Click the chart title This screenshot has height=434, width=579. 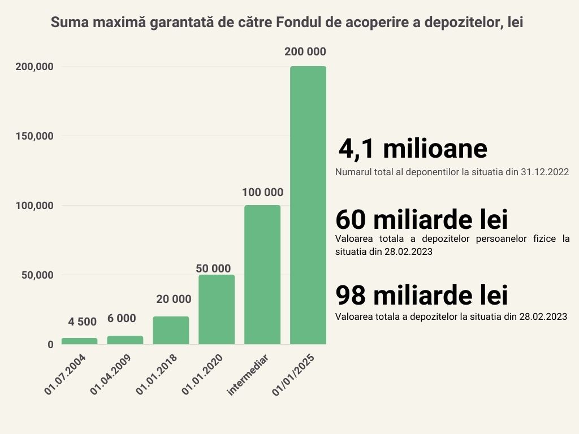pyautogui.click(x=287, y=23)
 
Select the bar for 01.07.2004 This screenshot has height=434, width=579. pyautogui.click(x=79, y=341)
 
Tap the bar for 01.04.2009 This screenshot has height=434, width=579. pyautogui.click(x=125, y=340)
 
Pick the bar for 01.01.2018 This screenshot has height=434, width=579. pyautogui.click(x=171, y=330)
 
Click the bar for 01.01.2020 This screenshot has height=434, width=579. pyautogui.click(x=216, y=309)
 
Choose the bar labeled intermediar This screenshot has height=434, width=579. pyautogui.click(x=262, y=274)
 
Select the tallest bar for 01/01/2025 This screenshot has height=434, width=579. pyautogui.click(x=308, y=205)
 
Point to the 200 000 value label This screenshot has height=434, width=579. pyautogui.click(x=305, y=51)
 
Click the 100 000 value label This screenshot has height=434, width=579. pyautogui.click(x=262, y=192)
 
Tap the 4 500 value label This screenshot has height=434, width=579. pyautogui.click(x=83, y=322)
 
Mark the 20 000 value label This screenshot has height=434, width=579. pyautogui.click(x=174, y=299)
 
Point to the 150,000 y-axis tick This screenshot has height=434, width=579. pyautogui.click(x=34, y=136)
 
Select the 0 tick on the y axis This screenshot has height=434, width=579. pyautogui.click(x=50, y=344)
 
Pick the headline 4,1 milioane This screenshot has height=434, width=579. pyautogui.click(x=413, y=149)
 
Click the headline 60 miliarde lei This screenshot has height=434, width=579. pyautogui.click(x=421, y=219)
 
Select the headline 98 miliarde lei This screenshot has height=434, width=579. pyautogui.click(x=421, y=295)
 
